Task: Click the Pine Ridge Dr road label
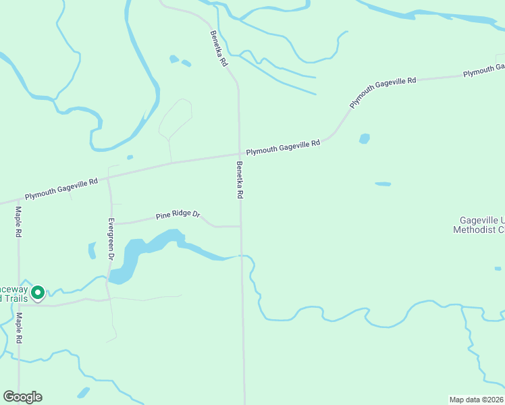[x=178, y=215]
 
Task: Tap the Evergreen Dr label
[x=111, y=238]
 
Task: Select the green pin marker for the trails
[x=38, y=292]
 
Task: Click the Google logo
[x=22, y=397]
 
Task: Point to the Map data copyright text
[x=476, y=400]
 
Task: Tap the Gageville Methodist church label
[x=481, y=225]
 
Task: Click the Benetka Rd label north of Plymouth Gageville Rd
[x=218, y=48]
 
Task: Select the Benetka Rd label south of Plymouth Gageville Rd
[x=240, y=180]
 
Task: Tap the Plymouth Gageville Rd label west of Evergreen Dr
[x=61, y=188]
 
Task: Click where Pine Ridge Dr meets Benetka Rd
[x=241, y=227]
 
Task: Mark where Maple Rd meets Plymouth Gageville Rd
[x=18, y=199]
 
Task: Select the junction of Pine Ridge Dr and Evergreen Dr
[x=111, y=223]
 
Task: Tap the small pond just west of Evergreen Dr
[x=92, y=250]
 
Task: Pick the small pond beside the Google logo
[x=83, y=393]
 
